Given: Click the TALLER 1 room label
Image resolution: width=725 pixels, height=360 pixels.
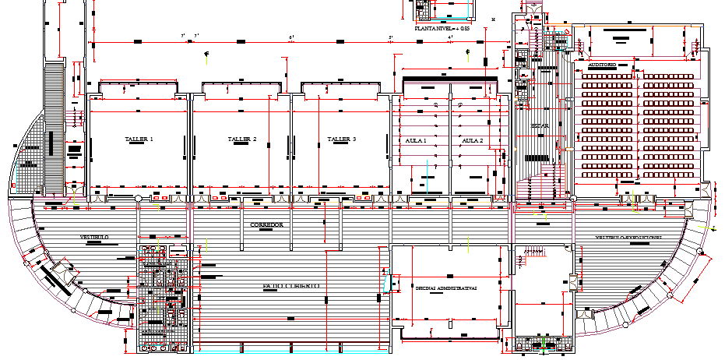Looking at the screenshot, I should pyautogui.click(x=139, y=139).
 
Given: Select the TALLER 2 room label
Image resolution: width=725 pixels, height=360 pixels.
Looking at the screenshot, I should pyautogui.click(x=241, y=139).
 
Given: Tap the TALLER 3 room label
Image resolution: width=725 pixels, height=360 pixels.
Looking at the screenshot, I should pyautogui.click(x=341, y=139).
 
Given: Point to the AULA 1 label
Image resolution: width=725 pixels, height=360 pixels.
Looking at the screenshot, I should pyautogui.click(x=417, y=140).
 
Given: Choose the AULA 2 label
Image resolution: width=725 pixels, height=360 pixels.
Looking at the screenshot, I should pyautogui.click(x=473, y=140).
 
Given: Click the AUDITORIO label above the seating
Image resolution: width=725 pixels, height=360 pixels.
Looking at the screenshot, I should pyautogui.click(x=602, y=65).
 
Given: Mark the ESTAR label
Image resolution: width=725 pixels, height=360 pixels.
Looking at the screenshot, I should pyautogui.click(x=540, y=125).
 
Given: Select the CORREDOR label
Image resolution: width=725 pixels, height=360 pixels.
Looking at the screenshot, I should pyautogui.click(x=266, y=224).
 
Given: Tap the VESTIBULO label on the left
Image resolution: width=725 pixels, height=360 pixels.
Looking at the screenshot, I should pyautogui.click(x=93, y=236).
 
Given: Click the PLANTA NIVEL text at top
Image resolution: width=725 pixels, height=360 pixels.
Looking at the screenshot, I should pyautogui.click(x=442, y=28).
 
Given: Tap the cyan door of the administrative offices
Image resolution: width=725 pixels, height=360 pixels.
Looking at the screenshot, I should pyautogui.click(x=384, y=281).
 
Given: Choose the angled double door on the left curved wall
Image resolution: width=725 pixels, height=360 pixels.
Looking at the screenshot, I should pyautogui.click(x=58, y=274).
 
